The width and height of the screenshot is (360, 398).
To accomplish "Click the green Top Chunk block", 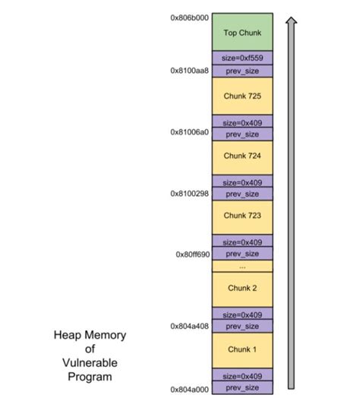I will [242, 32].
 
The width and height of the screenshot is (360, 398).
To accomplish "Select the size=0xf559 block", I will [242, 58].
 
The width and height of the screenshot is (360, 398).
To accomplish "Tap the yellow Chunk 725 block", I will [242, 96].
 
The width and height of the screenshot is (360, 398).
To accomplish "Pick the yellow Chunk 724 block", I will [242, 156].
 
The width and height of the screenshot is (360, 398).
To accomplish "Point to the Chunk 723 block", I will [242, 216].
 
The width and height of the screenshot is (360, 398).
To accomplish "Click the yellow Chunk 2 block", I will [242, 289].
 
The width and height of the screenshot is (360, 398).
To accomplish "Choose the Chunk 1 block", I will [242, 349].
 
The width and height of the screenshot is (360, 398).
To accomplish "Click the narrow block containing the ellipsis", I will [242, 266].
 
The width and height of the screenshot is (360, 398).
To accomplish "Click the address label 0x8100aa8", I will [189, 70].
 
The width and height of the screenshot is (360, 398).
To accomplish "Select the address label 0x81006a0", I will [189, 131].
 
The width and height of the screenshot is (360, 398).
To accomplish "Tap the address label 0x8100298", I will [189, 193].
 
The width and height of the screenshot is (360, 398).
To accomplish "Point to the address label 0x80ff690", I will [192, 254].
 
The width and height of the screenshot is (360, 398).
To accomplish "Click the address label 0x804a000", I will [190, 388].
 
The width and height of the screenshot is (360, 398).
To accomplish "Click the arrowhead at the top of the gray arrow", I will [290, 20].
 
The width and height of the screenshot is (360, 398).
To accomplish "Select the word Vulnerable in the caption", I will [90, 362].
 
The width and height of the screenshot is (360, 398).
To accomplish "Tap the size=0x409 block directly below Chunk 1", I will [242, 375].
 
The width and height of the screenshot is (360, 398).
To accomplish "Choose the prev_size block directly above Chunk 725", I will [242, 70].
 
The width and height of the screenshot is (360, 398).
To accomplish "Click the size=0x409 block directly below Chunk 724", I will [242, 182].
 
